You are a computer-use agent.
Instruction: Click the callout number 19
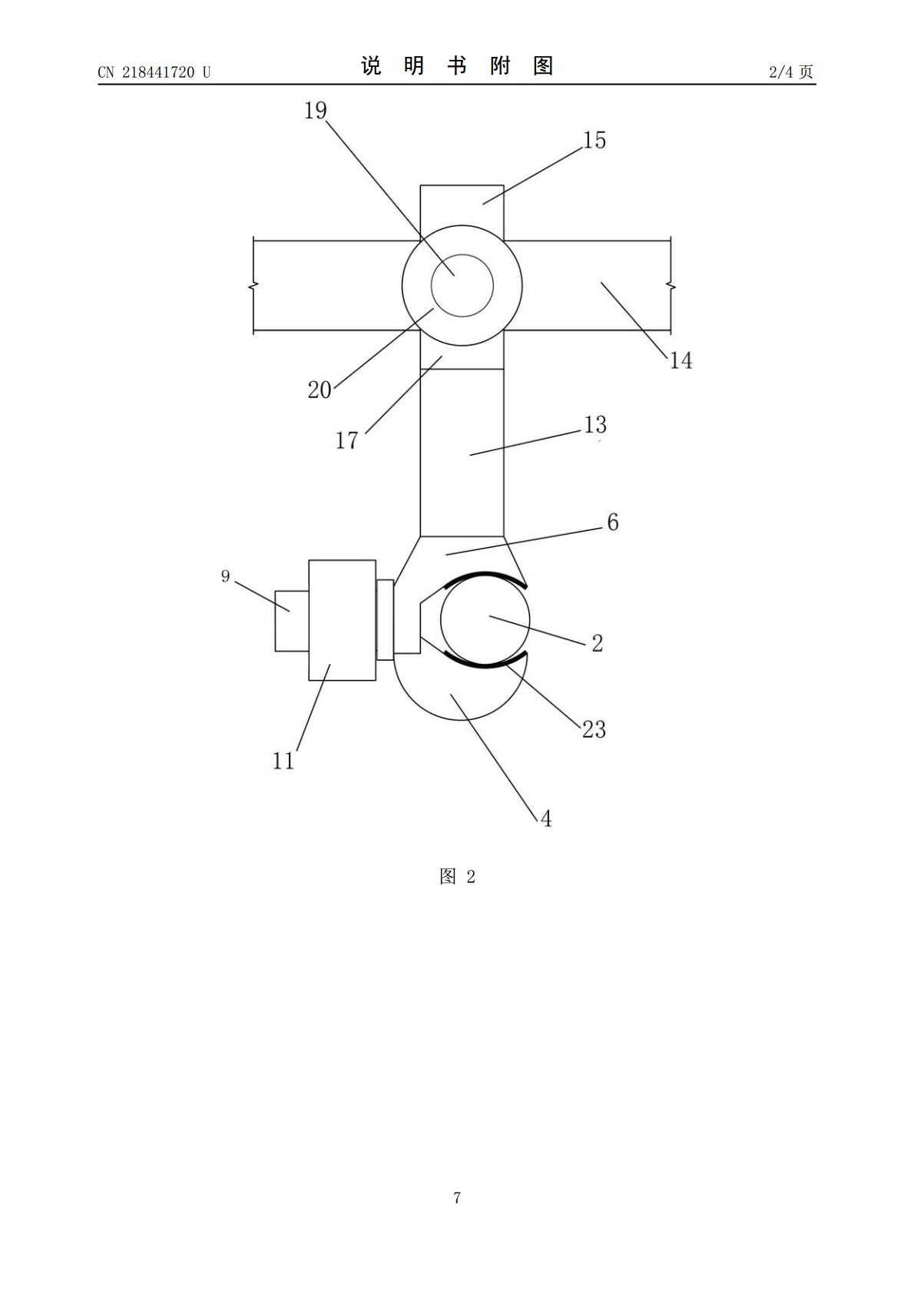315,111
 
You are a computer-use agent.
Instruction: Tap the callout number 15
594,141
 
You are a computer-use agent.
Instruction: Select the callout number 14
681,360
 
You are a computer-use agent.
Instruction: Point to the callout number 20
320,390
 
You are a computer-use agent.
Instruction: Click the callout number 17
347,441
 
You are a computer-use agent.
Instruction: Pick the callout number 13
594,425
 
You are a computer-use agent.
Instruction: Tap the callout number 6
613,523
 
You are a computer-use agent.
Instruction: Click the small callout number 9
225,576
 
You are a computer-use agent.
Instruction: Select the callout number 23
594,730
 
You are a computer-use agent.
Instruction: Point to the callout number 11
283,761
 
